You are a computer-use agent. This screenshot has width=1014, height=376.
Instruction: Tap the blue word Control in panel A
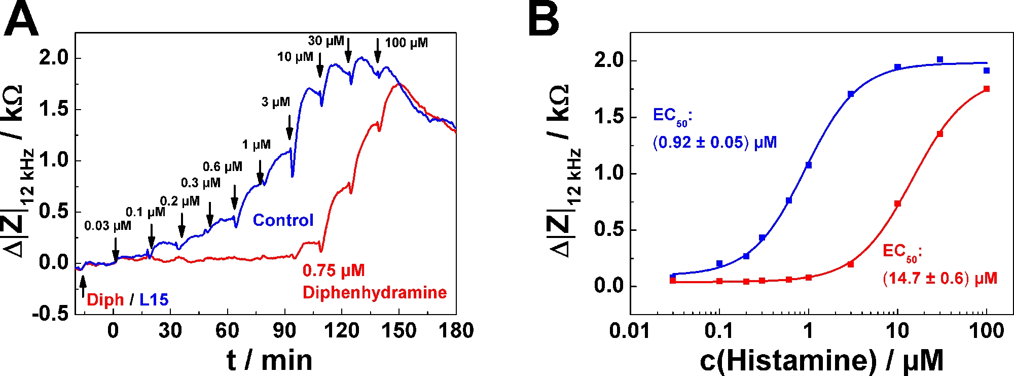(x=283, y=220)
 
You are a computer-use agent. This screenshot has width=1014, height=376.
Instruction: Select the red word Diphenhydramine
(x=375, y=292)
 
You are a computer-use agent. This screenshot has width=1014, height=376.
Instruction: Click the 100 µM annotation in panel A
(x=406, y=43)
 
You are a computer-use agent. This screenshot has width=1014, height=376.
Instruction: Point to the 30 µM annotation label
(x=326, y=41)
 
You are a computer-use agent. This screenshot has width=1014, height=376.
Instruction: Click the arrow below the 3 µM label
(x=289, y=127)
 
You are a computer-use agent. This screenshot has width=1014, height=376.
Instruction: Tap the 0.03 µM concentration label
(x=107, y=225)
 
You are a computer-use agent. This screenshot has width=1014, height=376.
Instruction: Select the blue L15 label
(x=154, y=300)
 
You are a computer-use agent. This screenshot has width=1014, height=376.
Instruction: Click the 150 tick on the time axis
(x=399, y=330)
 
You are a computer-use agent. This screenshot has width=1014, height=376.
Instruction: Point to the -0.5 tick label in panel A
(x=50, y=314)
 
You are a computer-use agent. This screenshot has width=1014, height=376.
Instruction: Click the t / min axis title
(x=269, y=360)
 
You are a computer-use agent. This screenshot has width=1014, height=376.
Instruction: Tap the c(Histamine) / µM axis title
(x=821, y=360)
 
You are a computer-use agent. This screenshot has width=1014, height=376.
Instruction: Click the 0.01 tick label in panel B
(x=630, y=331)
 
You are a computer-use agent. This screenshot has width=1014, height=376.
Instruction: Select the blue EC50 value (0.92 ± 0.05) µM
(x=715, y=142)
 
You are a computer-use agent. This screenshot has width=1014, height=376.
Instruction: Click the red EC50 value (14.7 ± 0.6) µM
(x=940, y=278)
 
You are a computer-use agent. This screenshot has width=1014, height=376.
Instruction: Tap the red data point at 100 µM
(x=987, y=89)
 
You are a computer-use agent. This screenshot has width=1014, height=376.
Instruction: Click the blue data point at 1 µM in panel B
(x=809, y=165)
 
